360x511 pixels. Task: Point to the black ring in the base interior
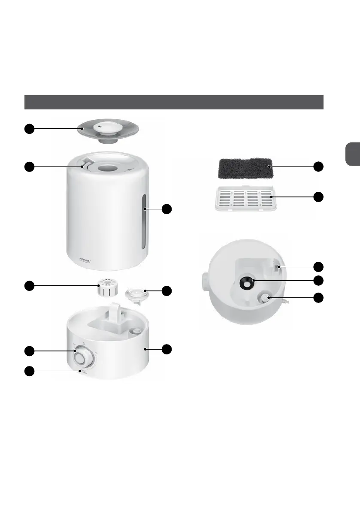point(248,282)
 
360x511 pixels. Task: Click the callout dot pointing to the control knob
point(29,351)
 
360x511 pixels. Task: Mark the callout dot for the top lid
point(29,128)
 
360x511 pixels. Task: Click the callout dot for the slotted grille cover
point(318,197)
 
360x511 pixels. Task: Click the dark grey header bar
point(173,103)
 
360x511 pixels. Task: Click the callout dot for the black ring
point(318,281)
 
